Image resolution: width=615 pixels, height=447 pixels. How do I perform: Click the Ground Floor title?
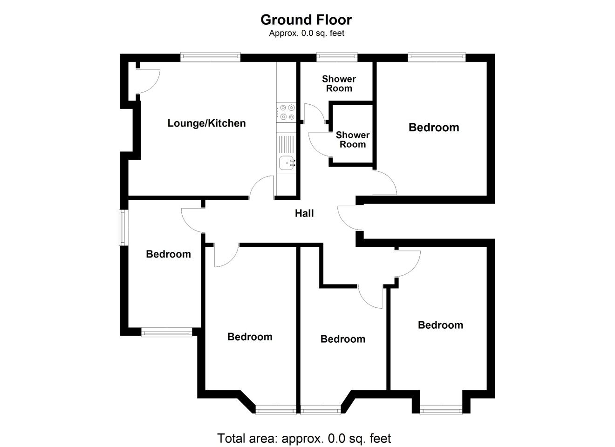click(x=306, y=20)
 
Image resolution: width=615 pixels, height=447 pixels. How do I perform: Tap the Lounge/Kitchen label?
click(x=206, y=123)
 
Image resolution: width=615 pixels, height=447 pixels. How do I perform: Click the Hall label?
click(x=304, y=213)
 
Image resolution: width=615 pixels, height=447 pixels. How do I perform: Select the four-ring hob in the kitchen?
click(x=286, y=112)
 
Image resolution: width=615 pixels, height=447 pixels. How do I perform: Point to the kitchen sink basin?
click(x=287, y=163)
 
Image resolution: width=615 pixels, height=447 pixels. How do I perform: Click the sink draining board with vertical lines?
click(x=286, y=144)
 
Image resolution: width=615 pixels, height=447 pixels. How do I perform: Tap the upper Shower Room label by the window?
click(x=339, y=84)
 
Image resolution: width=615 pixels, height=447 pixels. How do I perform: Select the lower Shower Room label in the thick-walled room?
click(x=353, y=140)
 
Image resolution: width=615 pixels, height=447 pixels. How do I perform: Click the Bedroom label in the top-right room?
click(x=434, y=128)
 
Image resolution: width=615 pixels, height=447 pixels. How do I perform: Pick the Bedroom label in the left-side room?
click(x=168, y=254)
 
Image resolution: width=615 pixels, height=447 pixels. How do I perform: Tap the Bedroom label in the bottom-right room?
click(x=440, y=325)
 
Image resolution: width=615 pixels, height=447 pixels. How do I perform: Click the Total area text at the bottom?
click(x=304, y=438)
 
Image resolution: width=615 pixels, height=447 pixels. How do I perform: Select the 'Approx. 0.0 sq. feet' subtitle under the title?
click(x=307, y=33)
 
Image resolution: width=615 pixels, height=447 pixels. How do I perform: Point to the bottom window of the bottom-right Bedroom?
click(x=441, y=411)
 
